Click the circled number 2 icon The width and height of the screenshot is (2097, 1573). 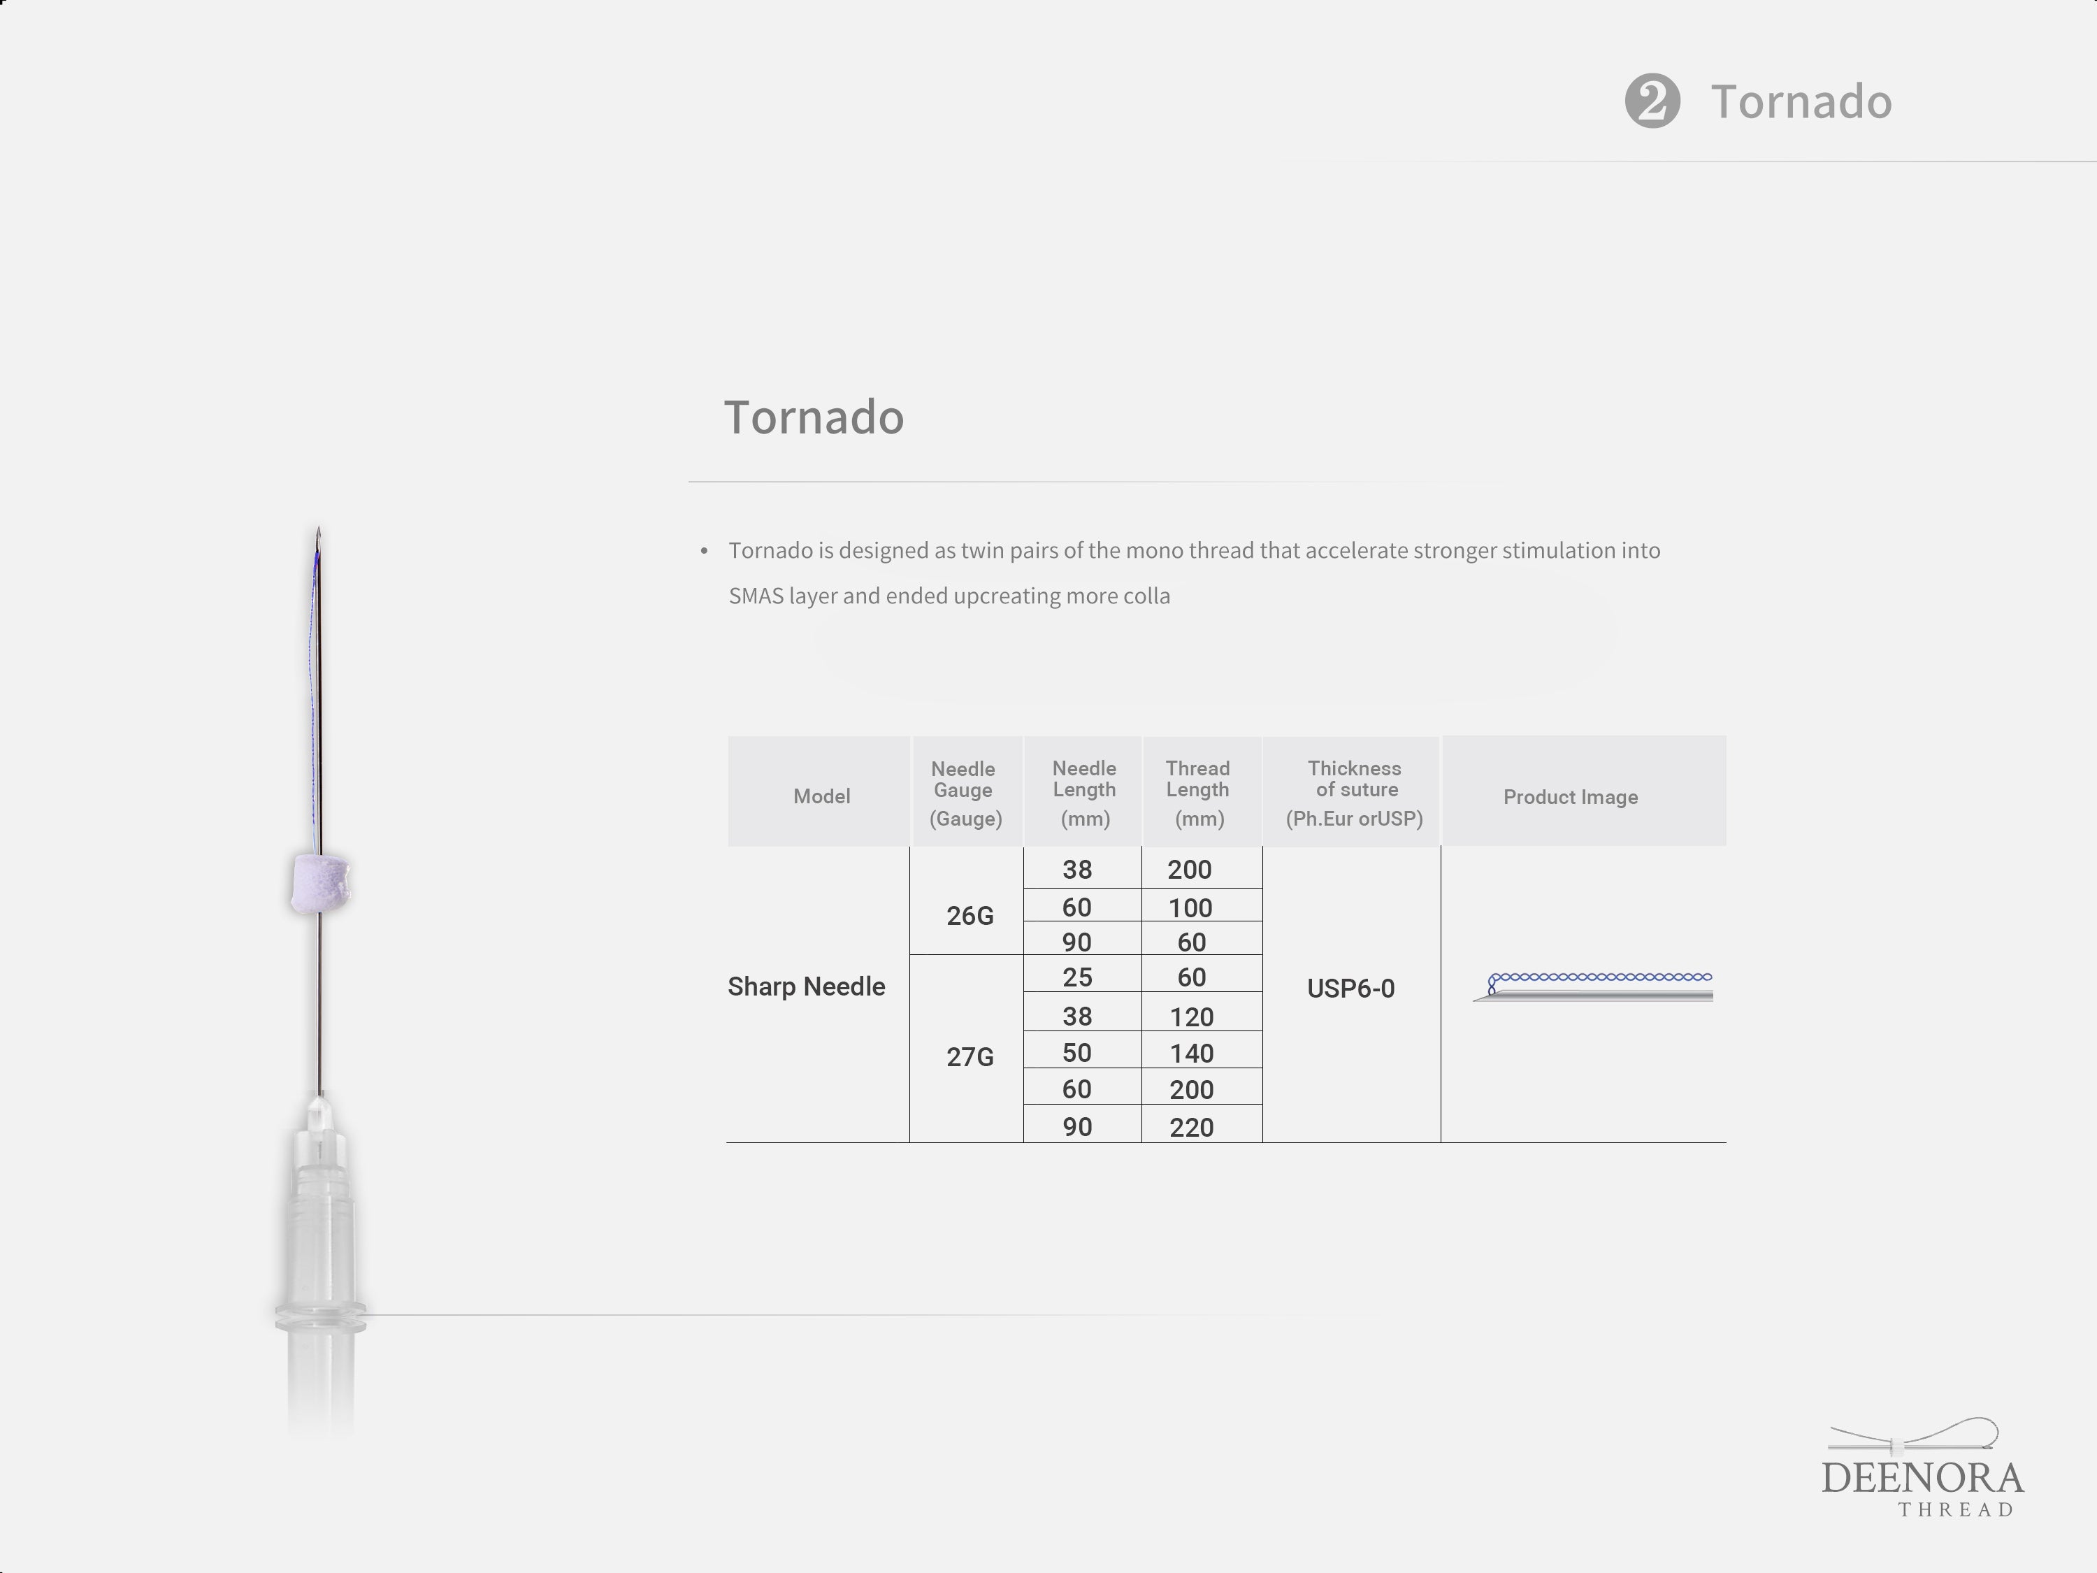click(x=1652, y=101)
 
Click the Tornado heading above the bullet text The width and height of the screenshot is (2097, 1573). click(x=814, y=417)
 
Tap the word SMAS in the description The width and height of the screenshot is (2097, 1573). click(x=756, y=596)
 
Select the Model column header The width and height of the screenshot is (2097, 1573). click(x=821, y=796)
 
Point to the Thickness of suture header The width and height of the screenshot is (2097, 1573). click(x=1354, y=793)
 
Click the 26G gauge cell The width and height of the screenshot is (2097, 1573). click(x=970, y=916)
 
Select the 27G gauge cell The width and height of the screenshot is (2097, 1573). click(x=970, y=1057)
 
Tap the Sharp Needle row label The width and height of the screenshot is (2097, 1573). click(x=806, y=987)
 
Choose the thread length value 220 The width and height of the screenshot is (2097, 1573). click(x=1192, y=1128)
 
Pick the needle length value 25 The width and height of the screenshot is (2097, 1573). click(x=1077, y=977)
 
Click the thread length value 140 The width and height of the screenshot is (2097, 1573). click(x=1192, y=1054)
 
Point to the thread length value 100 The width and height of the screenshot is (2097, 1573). click(x=1190, y=908)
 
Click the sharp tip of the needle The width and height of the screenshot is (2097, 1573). click(x=319, y=527)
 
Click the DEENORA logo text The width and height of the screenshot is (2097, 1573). click(x=1922, y=1479)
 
